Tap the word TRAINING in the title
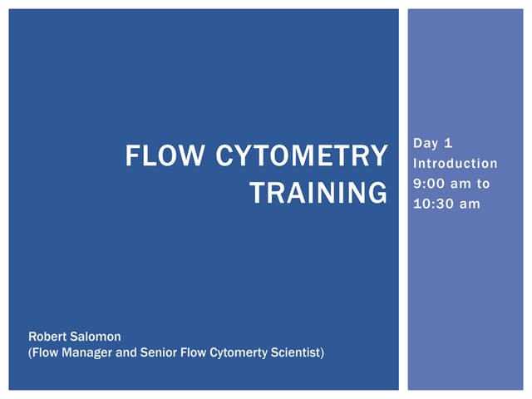pyautogui.click(x=318, y=193)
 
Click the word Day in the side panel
pyautogui.click(x=425, y=145)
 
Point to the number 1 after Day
pyautogui.click(x=449, y=145)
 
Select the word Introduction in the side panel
pyautogui.click(x=456, y=164)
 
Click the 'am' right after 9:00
pyautogui.click(x=464, y=183)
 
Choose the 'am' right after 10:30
pyautogui.click(x=470, y=203)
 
